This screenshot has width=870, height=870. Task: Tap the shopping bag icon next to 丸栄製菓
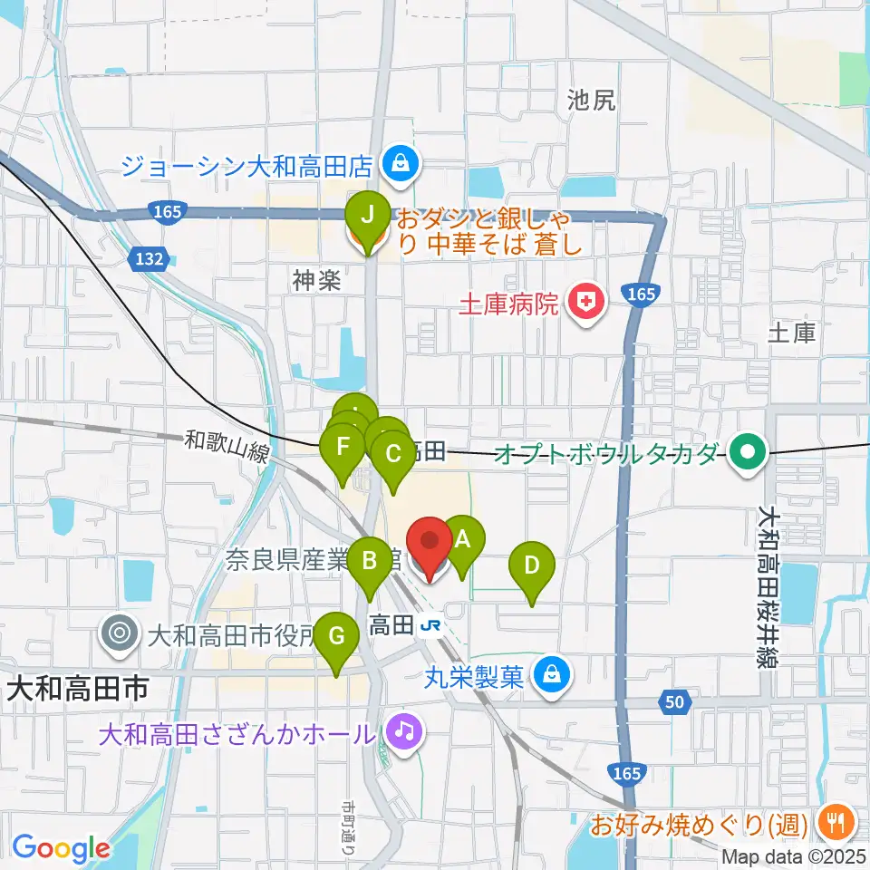tap(550, 674)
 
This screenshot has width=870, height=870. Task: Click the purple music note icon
tap(403, 730)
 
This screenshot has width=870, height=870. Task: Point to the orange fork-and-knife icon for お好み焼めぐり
tap(832, 822)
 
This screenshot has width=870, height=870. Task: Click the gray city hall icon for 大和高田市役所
tap(119, 632)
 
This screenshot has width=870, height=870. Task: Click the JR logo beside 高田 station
tap(432, 625)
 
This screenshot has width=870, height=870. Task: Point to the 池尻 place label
tap(591, 101)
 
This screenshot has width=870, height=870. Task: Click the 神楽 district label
tap(315, 281)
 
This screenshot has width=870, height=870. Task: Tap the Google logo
tap(61, 849)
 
